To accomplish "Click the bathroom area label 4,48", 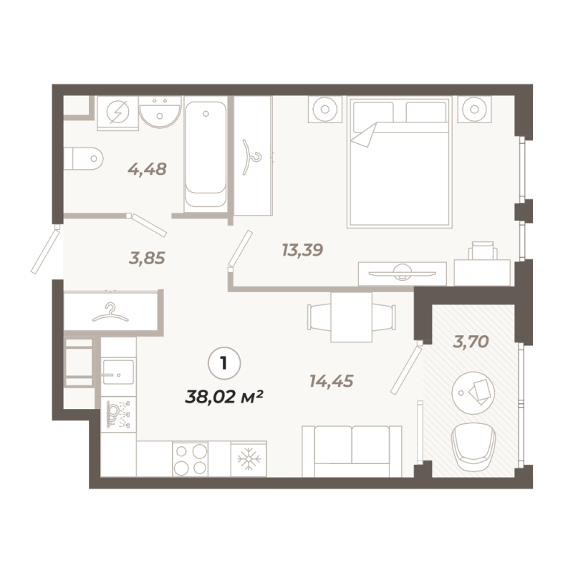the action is coord(148,169).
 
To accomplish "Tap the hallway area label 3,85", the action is coord(147,258).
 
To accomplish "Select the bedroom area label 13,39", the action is coord(302,250).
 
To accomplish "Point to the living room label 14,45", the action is coord(332,381).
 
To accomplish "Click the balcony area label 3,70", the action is coord(471,342).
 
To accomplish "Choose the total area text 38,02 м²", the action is coord(224,397).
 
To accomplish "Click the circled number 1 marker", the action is coord(224,363).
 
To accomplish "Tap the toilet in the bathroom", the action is coord(84,158).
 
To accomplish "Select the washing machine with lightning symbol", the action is coord(117,113).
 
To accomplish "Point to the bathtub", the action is coord(206,154).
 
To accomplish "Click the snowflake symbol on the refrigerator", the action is coord(249,458).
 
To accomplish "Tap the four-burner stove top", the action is coord(190,459).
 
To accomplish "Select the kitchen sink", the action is coord(118,372).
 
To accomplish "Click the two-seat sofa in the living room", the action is coord(352,451).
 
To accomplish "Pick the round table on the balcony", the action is coord(473,393).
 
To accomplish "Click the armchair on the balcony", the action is coord(473,447).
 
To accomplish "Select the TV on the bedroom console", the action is coord(402,273).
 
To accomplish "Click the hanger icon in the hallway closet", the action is coord(110,312).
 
